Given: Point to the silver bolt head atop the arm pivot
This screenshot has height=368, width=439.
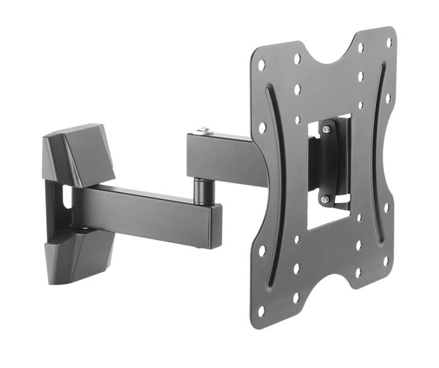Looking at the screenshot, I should (x=203, y=131).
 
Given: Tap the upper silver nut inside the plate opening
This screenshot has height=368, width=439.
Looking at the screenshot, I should (x=326, y=129).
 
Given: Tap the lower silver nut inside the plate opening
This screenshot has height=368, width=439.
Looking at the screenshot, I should (x=325, y=199).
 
